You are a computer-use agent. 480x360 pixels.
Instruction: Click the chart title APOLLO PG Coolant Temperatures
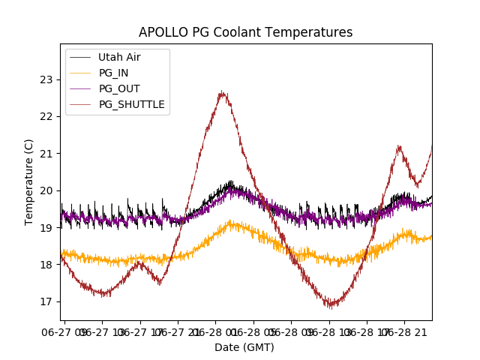click(245, 32)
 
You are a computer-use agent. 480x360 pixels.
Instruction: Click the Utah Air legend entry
click(118, 57)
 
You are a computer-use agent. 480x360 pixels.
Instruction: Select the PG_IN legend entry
click(114, 73)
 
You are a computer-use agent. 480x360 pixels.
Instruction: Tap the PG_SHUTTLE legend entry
click(131, 104)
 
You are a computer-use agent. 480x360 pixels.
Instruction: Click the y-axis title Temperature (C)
click(29, 182)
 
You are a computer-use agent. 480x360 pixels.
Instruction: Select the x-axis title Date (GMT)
click(244, 347)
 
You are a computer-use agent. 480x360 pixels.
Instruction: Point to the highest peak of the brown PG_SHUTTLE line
click(222, 91)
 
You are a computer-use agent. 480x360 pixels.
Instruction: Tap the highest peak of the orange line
click(231, 220)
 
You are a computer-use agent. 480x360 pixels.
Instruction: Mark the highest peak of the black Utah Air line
click(230, 181)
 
